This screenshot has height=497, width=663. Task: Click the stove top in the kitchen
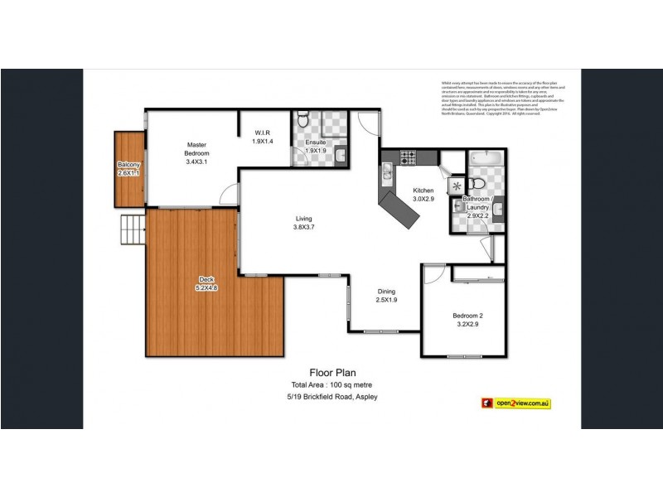click(x=407, y=156)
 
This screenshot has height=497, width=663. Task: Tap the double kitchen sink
click(x=387, y=173)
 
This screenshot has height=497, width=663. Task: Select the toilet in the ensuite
click(x=304, y=123)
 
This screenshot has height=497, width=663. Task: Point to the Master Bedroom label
click(x=197, y=153)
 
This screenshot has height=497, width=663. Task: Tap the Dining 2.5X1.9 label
click(x=386, y=296)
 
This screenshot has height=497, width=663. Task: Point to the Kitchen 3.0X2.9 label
click(x=423, y=195)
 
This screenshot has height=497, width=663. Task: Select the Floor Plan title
click(x=332, y=374)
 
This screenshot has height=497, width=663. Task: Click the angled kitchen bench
click(x=398, y=210)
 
